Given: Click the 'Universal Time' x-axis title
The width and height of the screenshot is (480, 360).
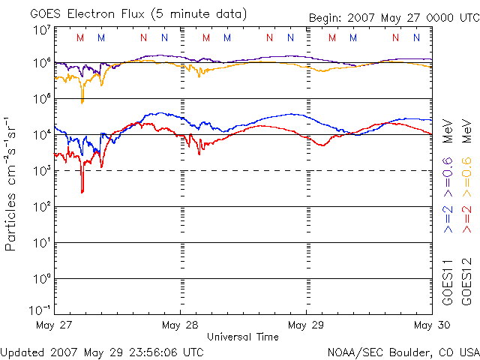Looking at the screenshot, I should [243, 337].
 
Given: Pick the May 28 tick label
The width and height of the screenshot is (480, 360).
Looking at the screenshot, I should [180, 325].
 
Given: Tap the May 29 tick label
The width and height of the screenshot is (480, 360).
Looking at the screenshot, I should [306, 325].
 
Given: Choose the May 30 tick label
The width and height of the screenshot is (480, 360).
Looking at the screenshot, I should [432, 325].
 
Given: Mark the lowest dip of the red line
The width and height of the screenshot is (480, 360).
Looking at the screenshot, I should [82, 192].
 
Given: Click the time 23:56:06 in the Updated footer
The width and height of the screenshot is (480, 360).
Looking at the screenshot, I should [151, 351].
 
